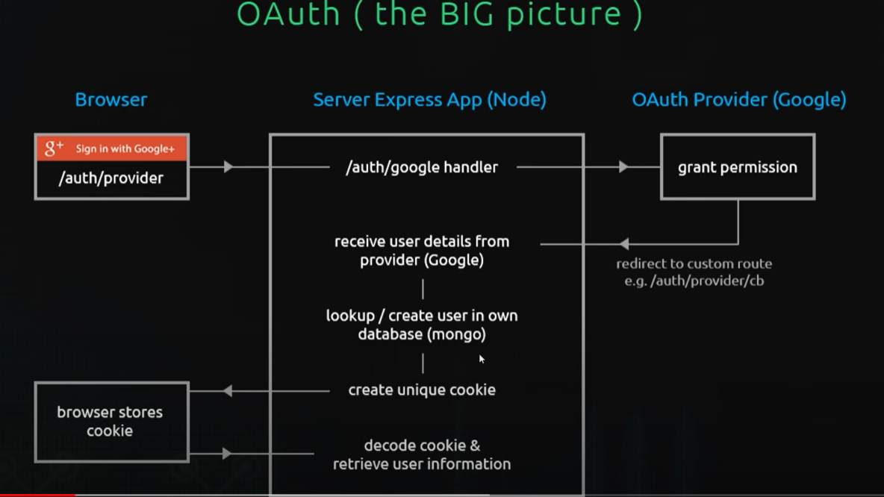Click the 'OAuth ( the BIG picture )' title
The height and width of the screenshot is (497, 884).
tap(439, 14)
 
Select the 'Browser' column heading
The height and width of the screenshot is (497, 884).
tap(111, 99)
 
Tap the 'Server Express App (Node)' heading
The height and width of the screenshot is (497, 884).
tap(429, 99)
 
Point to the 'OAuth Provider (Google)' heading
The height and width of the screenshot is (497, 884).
tap(738, 99)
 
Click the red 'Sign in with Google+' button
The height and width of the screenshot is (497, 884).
tap(112, 149)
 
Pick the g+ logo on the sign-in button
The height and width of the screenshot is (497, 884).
tap(54, 148)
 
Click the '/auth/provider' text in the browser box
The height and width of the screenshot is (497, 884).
tap(111, 178)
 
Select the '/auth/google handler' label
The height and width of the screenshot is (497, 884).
tap(422, 167)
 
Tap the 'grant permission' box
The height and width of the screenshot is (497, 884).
tap(738, 167)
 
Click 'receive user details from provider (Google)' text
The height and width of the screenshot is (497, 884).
tap(422, 251)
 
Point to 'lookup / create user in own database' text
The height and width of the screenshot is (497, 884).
tap(422, 325)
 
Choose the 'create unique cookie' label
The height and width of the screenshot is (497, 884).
tap(422, 390)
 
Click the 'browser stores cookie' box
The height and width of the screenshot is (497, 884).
tap(110, 422)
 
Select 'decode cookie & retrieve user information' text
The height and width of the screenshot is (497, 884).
tap(422, 454)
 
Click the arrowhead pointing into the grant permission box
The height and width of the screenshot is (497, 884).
tap(623, 167)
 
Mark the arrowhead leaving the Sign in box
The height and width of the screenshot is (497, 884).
tap(228, 167)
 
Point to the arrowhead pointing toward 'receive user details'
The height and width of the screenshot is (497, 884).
tap(624, 243)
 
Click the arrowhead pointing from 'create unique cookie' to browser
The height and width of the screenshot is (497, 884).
tap(228, 390)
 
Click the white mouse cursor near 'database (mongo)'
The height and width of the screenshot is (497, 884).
tap(482, 360)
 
